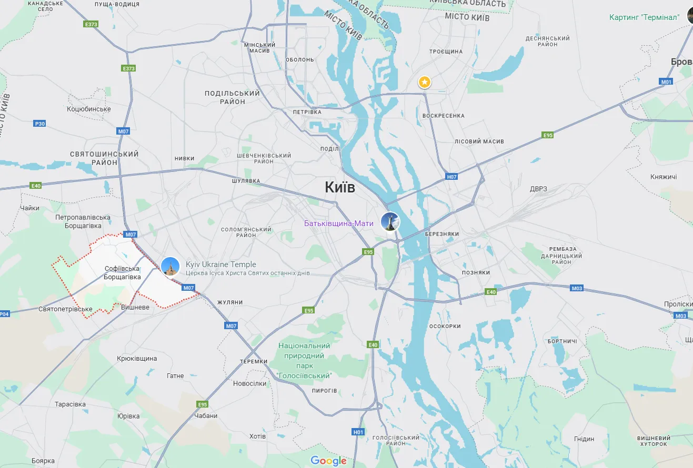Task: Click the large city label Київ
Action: tap(340, 188)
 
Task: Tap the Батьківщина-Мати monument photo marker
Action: tap(390, 221)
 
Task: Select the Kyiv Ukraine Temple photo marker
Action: tap(170, 267)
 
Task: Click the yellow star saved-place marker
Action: tap(425, 82)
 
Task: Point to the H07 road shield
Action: tap(451, 177)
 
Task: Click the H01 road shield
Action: tap(358, 432)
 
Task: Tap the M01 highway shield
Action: tap(667, 82)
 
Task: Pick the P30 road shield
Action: tap(39, 124)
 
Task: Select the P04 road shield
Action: tap(4, 314)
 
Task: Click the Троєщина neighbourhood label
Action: tap(446, 52)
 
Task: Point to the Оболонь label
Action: tap(299, 59)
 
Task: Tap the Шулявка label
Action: tap(246, 181)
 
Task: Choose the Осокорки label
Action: tap(445, 326)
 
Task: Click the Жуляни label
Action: tap(230, 302)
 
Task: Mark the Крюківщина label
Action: tap(137, 359)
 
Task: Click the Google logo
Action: tap(328, 461)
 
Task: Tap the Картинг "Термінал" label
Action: tap(644, 17)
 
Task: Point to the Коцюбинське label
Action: tap(89, 109)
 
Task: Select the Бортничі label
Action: tap(562, 341)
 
